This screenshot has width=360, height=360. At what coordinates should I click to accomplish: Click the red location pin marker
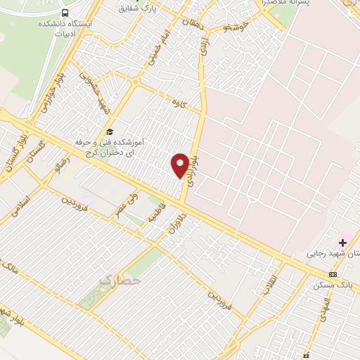tap(180, 165)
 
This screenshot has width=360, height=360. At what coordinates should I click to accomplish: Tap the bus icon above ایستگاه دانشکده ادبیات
tap(65, 13)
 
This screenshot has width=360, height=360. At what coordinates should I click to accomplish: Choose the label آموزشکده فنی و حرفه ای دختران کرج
tap(109, 147)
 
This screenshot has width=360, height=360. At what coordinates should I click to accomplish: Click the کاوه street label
tap(178, 103)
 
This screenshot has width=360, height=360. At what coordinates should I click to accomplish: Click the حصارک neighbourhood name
tap(120, 281)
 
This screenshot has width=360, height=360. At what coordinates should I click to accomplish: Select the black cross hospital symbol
tap(343, 242)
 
